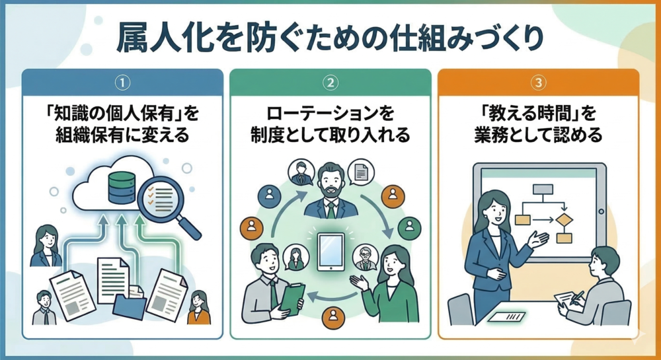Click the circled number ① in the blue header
click(122, 83)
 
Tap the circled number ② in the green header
click(330, 83)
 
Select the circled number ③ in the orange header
click(539, 83)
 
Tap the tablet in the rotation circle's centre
click(330, 251)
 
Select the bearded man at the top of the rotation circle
click(330, 192)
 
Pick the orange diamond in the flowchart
click(563, 219)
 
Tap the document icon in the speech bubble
click(361, 173)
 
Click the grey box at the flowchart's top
click(543, 190)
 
